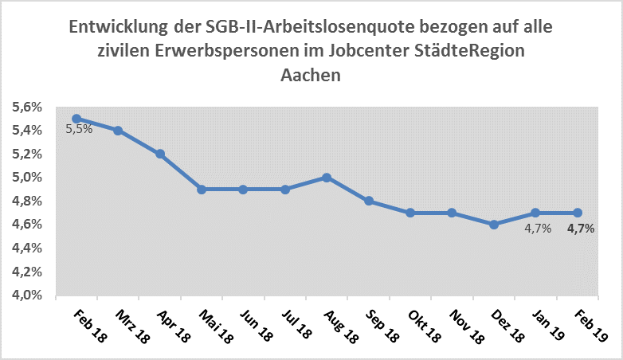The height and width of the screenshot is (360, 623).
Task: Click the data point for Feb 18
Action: [76, 118]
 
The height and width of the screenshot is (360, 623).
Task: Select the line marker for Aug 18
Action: [327, 177]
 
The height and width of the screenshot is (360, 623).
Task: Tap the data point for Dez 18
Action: [494, 225]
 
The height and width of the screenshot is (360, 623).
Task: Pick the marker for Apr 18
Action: [160, 154]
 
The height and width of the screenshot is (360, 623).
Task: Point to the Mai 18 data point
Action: [202, 189]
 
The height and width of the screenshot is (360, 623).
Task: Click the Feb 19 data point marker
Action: [578, 213]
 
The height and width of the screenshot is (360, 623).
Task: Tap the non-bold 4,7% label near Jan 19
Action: [538, 229]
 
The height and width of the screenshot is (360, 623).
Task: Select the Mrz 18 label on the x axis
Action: [132, 327]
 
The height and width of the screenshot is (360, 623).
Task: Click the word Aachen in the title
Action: [311, 76]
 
